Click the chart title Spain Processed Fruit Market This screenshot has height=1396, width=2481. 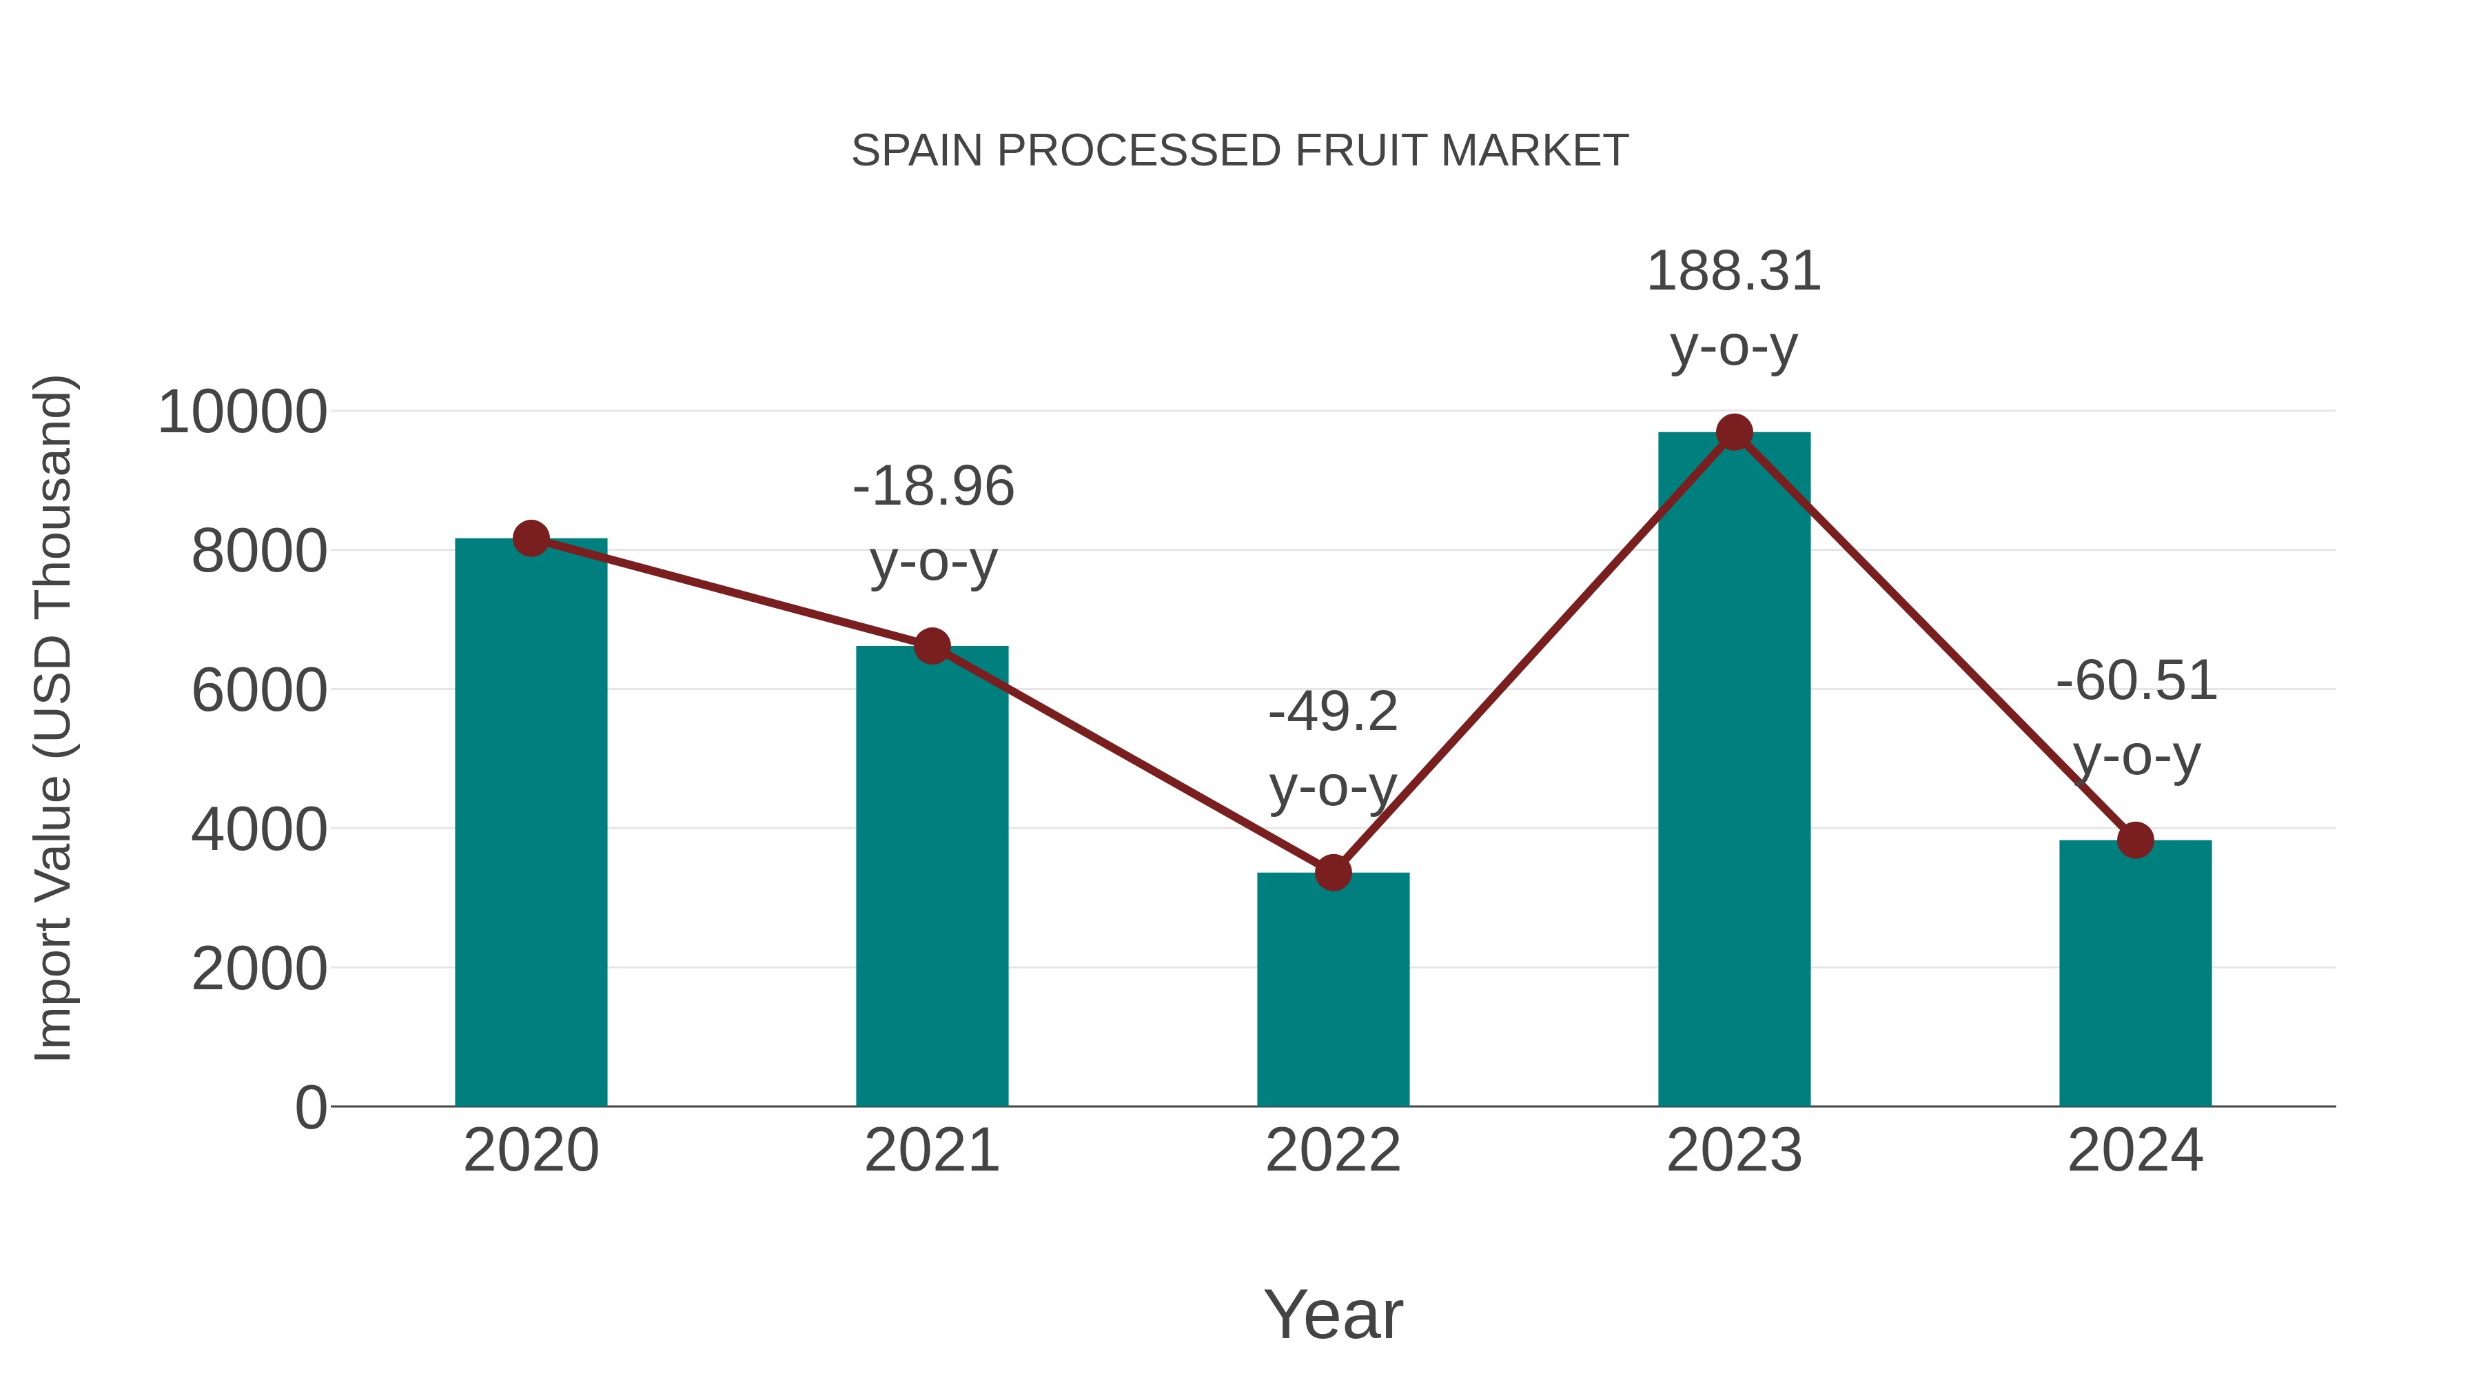click(x=1240, y=151)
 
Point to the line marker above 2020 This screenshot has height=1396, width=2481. click(x=531, y=538)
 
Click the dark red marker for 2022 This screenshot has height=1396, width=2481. click(x=1333, y=873)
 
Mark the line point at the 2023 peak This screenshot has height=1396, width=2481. click(x=1734, y=432)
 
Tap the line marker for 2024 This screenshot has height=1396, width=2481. click(x=2135, y=840)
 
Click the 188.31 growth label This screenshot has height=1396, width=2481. click(x=1734, y=272)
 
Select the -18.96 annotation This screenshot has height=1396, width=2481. click(x=932, y=487)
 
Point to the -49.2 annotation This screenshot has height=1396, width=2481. click(x=1333, y=713)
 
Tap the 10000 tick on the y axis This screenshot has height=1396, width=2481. click(x=242, y=412)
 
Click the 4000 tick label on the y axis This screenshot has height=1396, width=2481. click(x=258, y=829)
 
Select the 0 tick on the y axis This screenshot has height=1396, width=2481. click(x=310, y=1108)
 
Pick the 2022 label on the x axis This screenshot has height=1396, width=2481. click(x=1333, y=1151)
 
